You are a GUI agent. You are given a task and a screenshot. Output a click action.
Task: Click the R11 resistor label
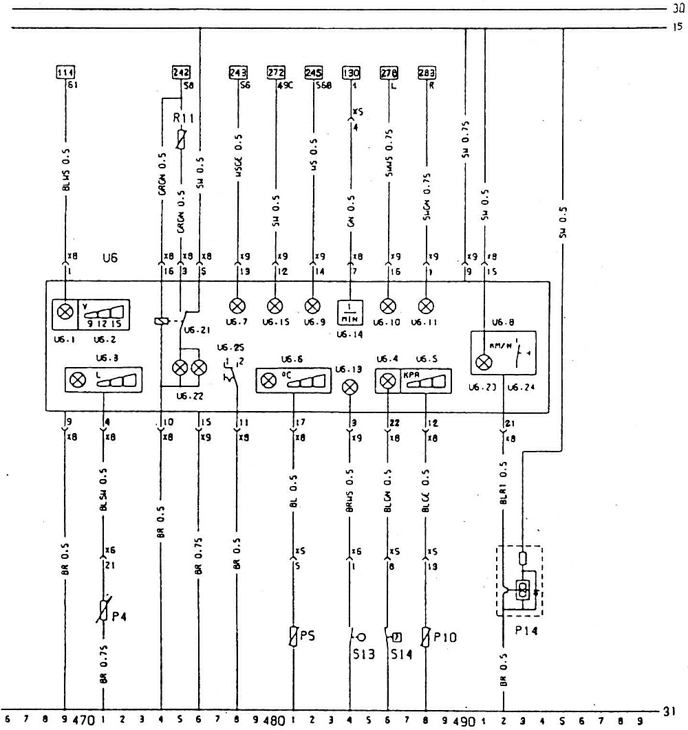point(183,118)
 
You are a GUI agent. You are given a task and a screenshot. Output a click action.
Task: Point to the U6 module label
point(109,259)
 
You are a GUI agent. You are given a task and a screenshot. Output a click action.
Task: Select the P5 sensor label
point(308,636)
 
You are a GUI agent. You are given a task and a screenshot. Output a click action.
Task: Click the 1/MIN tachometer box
point(351,311)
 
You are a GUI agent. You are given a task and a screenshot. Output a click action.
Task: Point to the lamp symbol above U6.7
point(237,305)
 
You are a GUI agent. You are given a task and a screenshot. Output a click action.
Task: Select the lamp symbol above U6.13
point(351,387)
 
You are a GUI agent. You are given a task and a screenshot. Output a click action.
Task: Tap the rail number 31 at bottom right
point(671,711)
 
